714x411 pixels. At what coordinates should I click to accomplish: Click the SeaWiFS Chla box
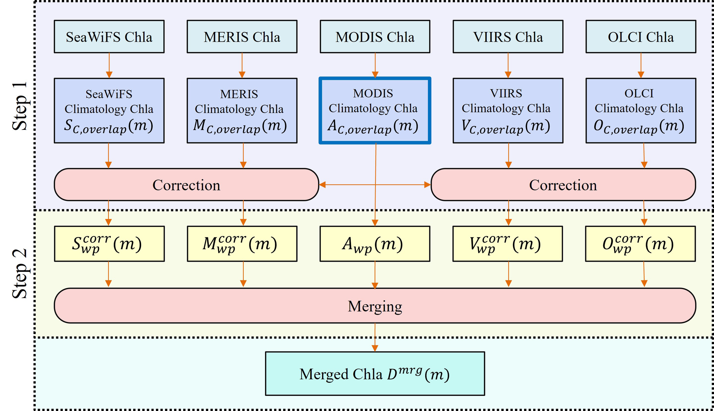pos(109,37)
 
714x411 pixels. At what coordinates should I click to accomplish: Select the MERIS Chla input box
pos(242,37)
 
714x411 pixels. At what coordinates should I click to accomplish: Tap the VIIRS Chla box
pos(508,37)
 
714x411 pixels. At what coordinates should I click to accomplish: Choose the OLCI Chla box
pos(641,37)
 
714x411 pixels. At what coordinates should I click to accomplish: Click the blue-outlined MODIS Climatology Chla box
pos(375,110)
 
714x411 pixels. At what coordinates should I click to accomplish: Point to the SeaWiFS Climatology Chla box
pos(109,110)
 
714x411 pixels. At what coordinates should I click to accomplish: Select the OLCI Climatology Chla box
pos(641,110)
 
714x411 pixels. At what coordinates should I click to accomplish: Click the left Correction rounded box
pos(186,185)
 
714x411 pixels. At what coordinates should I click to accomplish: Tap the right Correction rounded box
pos(563,185)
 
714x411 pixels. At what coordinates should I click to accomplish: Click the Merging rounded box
pos(375,306)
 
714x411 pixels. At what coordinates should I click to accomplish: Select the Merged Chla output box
pos(375,373)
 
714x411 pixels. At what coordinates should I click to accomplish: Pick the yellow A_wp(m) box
pos(375,244)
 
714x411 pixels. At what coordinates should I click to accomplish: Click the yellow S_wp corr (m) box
pos(109,244)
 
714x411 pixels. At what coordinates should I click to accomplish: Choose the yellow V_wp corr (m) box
pos(508,244)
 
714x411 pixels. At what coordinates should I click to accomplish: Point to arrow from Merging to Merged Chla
pos(375,337)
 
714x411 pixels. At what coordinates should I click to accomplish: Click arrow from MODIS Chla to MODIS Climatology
pos(375,65)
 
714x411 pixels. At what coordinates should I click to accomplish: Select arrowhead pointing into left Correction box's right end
pos(322,185)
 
